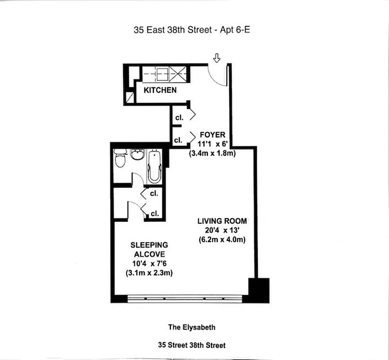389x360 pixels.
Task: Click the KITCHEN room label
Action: click(x=160, y=90)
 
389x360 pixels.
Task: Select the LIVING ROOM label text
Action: click(x=222, y=221)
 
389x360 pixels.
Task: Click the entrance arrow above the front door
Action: click(x=216, y=58)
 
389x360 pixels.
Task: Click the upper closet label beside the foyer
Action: click(x=179, y=117)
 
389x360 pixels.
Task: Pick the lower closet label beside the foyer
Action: click(x=178, y=140)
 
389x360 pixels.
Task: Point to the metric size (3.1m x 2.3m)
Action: click(x=149, y=273)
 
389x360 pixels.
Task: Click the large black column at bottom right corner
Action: click(x=259, y=290)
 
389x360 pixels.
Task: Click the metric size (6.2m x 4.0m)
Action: click(x=222, y=240)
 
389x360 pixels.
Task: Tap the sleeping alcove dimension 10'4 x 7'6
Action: click(x=149, y=264)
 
